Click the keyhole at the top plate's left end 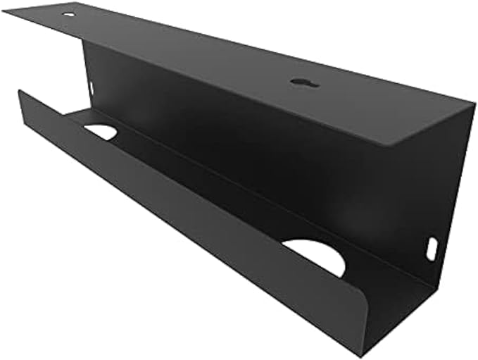point(68,13)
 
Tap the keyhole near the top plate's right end point(304,83)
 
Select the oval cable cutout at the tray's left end point(100,132)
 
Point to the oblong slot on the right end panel point(432,249)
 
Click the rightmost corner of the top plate point(475,104)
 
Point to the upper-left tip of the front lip point(20,91)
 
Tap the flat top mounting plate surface point(211,56)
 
